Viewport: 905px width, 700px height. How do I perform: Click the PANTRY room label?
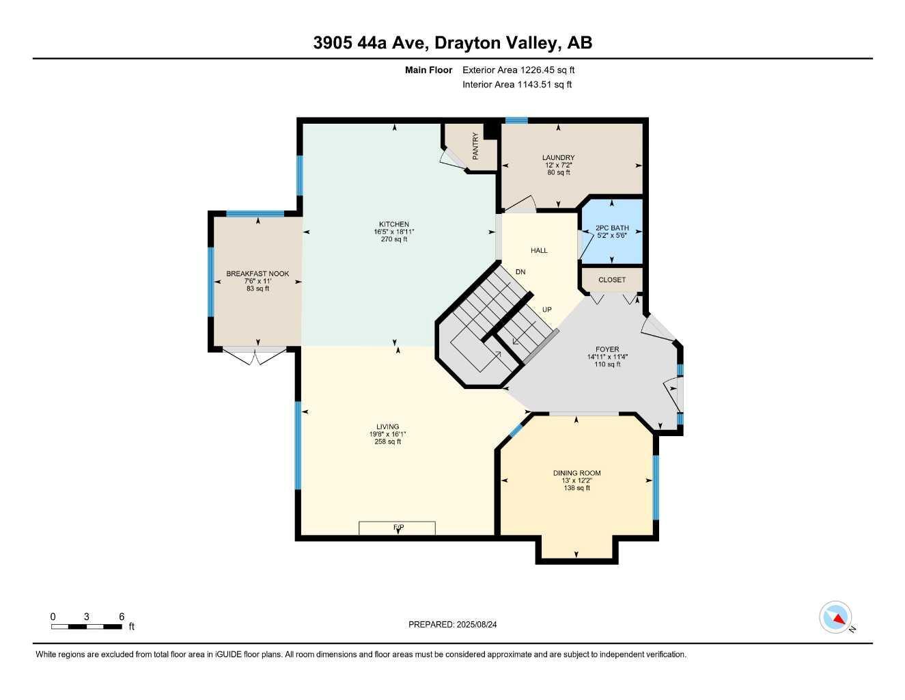click(475, 146)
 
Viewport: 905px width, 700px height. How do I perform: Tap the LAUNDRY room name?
click(559, 158)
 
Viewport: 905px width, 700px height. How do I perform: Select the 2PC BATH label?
click(612, 228)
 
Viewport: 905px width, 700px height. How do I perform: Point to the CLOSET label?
click(612, 280)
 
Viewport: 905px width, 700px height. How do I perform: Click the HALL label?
click(540, 250)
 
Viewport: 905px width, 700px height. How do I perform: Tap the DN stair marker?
click(520, 272)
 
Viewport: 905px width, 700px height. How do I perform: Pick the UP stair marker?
click(547, 310)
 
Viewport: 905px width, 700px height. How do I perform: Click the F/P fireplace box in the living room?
click(398, 528)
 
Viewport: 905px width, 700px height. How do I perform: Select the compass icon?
click(835, 617)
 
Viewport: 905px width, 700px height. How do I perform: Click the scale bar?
click(87, 626)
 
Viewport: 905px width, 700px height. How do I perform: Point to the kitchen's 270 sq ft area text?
click(394, 239)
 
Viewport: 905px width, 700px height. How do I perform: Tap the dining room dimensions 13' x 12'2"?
click(577, 481)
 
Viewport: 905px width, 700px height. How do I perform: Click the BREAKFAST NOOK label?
click(257, 273)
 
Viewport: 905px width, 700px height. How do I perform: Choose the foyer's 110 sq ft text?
click(607, 364)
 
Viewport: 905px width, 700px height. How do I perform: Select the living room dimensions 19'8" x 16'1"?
click(387, 434)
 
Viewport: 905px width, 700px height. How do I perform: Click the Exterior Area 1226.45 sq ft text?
click(518, 70)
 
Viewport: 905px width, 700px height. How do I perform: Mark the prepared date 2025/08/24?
click(458, 624)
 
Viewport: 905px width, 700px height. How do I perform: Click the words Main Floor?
click(428, 70)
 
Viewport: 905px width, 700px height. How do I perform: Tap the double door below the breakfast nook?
click(255, 356)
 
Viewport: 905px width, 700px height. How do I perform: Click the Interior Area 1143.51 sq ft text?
click(517, 85)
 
